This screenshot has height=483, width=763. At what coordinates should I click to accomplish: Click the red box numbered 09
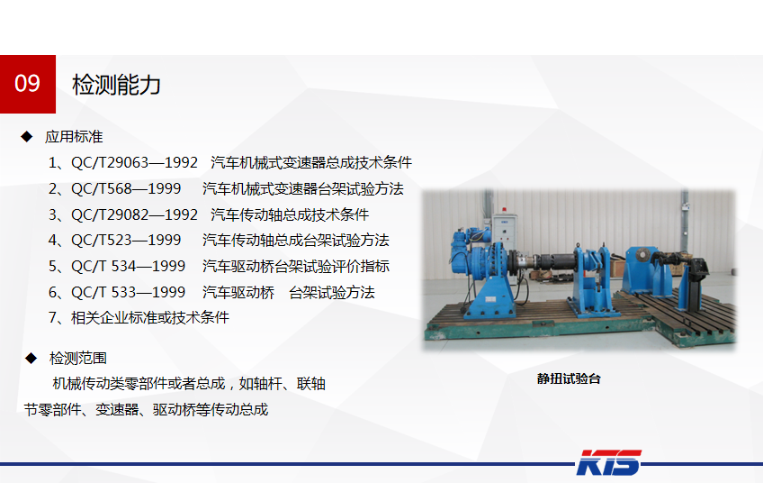[x=28, y=84]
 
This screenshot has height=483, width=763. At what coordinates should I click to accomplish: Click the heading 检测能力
[x=116, y=85]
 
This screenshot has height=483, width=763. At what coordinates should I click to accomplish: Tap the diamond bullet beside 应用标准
[x=27, y=136]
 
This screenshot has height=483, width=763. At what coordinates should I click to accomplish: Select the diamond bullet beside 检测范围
[x=31, y=359]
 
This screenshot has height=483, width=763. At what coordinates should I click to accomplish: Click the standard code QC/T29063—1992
[x=134, y=162]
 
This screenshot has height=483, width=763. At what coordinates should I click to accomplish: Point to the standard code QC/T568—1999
[x=126, y=188]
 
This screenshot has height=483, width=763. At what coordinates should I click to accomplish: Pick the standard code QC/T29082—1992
[x=134, y=214]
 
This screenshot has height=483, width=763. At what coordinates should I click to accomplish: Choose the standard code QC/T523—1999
[x=126, y=241]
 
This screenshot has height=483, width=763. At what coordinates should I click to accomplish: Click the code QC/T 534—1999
[x=128, y=266]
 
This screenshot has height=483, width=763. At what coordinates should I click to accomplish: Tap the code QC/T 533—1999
[x=128, y=293]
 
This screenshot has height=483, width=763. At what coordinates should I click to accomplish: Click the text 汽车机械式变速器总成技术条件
[x=311, y=162]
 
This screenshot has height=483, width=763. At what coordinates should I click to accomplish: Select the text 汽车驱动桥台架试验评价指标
[x=296, y=266]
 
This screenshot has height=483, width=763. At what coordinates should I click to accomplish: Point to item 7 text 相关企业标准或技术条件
[x=150, y=318]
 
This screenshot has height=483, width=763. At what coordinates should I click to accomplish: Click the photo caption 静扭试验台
[x=569, y=378]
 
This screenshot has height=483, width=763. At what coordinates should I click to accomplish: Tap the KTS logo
[x=608, y=462]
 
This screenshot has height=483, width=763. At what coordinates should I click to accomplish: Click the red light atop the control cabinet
[x=505, y=210]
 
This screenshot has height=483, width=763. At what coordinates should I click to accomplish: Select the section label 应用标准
[x=74, y=136]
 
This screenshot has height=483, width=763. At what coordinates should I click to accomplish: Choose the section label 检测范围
[x=78, y=359]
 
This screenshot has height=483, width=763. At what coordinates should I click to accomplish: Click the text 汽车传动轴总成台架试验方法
[x=296, y=241]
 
